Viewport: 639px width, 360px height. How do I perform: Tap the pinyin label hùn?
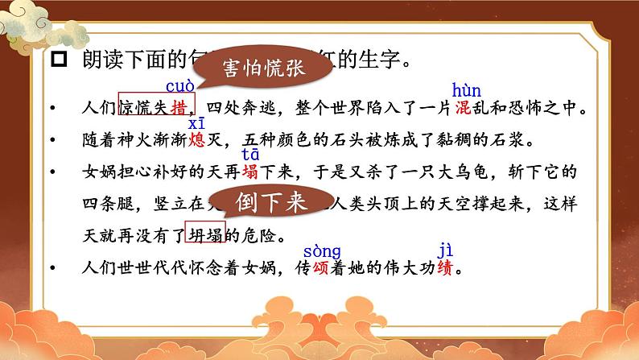point(468,89)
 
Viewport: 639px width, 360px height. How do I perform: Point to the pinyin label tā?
point(251,156)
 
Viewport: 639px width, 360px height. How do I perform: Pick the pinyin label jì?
point(445,250)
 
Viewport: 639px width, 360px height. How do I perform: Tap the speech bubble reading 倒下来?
point(273,201)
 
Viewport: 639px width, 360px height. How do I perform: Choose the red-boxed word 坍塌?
point(204,234)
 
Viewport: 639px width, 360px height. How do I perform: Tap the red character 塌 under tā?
point(250,172)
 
